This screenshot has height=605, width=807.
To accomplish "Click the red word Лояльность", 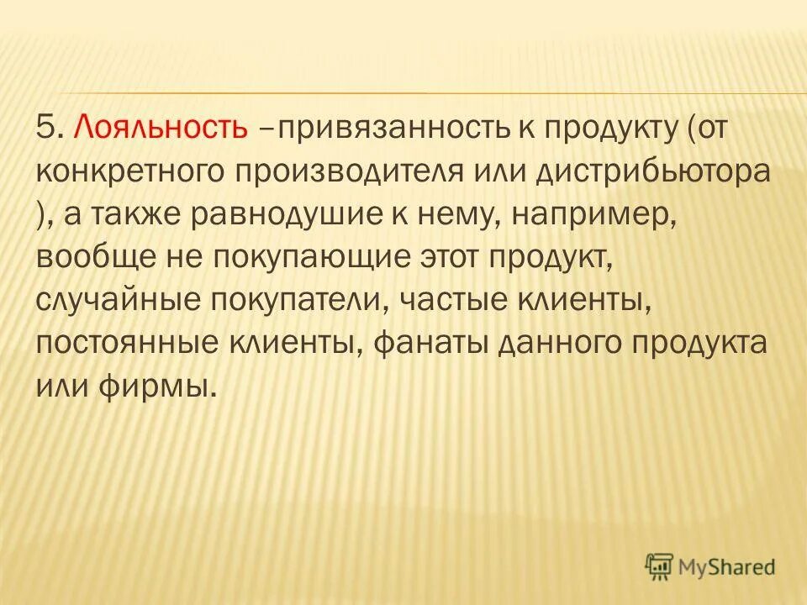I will [161, 128].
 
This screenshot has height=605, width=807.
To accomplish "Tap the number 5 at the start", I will [45, 128].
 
